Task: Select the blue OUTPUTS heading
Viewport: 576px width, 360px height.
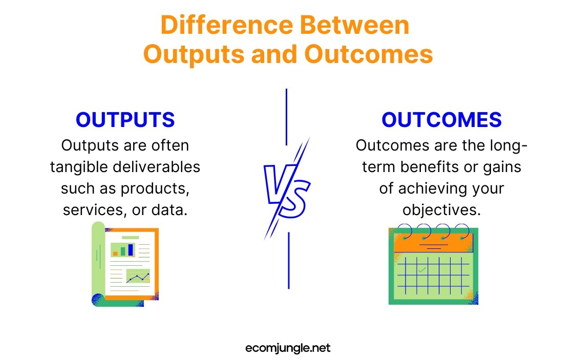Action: (125, 120)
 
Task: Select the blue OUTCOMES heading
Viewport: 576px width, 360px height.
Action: (441, 120)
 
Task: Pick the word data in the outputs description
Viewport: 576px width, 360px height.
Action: (170, 210)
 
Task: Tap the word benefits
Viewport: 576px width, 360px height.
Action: (443, 167)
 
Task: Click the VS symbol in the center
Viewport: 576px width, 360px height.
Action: (287, 188)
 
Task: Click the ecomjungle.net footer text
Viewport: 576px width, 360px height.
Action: (288, 348)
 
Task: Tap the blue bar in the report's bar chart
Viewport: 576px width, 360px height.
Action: (131, 249)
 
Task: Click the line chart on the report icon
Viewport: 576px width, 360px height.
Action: (138, 277)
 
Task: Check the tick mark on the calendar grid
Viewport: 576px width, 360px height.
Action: (421, 269)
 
